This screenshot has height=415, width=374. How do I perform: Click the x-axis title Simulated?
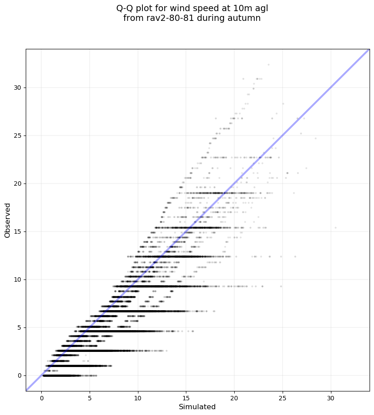[x=197, y=407]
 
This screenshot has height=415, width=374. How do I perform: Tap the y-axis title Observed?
[x=8, y=220]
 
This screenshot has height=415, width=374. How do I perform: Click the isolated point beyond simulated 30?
[x=335, y=227]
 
